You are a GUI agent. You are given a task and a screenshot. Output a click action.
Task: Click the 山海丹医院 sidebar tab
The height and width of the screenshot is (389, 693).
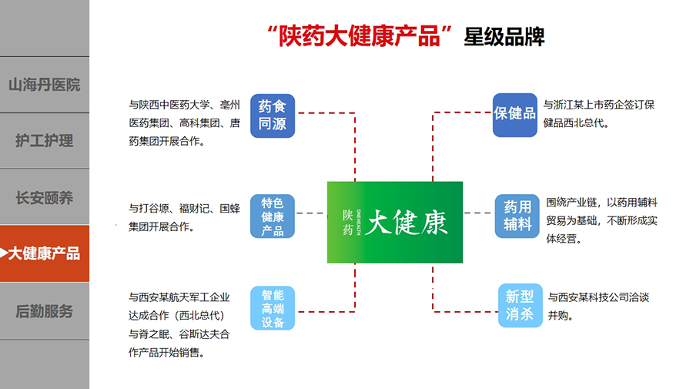coord(44,85)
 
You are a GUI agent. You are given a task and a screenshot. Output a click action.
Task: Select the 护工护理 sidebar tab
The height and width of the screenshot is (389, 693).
coord(44,141)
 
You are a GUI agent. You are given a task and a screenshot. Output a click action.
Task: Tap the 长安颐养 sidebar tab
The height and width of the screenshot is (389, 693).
coord(44,197)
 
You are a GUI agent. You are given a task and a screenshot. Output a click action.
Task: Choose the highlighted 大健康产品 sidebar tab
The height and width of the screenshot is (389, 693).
coord(44,253)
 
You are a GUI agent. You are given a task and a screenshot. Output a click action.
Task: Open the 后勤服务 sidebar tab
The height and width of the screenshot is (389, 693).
coord(44,311)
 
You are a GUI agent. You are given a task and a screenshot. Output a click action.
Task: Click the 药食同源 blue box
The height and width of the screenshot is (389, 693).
coord(273,115)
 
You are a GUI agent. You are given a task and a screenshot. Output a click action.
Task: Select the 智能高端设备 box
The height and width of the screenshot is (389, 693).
coord(273,308)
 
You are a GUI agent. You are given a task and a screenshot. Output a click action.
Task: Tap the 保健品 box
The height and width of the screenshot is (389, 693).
coord(515,114)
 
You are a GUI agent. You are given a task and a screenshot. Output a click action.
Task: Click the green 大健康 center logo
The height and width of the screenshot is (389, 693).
coord(395,222)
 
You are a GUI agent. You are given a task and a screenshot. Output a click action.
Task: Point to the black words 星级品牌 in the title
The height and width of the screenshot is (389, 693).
coord(504,37)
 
